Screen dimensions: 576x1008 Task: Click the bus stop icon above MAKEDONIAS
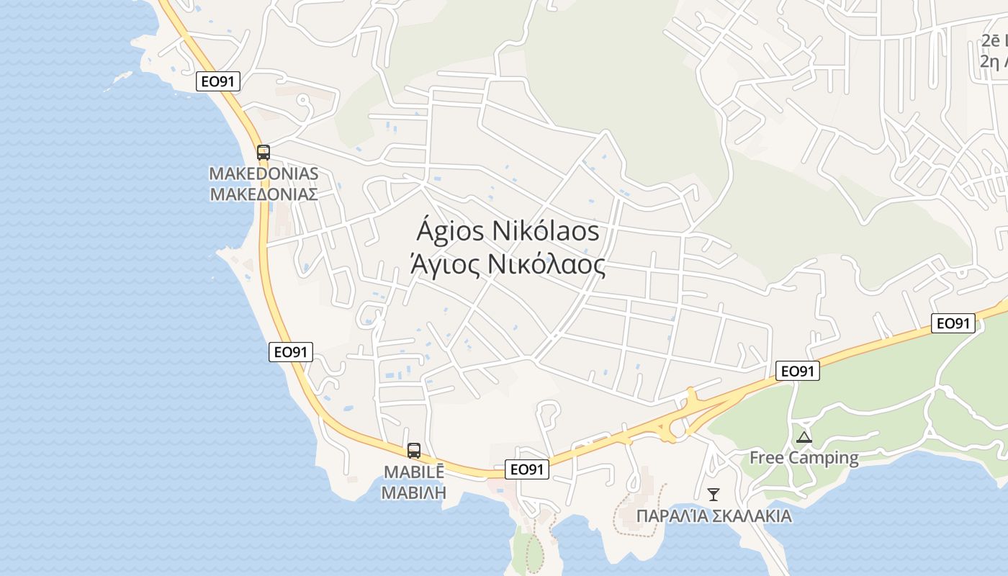pyautogui.click(x=264, y=153)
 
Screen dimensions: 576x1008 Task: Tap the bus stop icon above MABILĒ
pyautogui.click(x=414, y=451)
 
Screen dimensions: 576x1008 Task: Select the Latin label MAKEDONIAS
pyautogui.click(x=264, y=174)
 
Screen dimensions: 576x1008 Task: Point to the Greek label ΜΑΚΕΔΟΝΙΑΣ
pyautogui.click(x=264, y=194)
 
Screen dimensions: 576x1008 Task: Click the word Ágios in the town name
pyautogui.click(x=449, y=232)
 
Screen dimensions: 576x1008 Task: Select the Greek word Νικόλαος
pyautogui.click(x=546, y=265)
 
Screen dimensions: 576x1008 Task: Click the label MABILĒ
pyautogui.click(x=414, y=473)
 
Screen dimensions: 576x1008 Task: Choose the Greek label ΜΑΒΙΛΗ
pyautogui.click(x=414, y=493)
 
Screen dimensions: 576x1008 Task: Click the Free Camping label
pyautogui.click(x=804, y=458)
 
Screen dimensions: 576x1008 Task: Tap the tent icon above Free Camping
pyautogui.click(x=804, y=437)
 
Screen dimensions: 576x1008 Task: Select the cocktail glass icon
pyautogui.click(x=714, y=494)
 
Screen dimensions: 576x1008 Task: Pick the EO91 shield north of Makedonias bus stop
pyautogui.click(x=218, y=81)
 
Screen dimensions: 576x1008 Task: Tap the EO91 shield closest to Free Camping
pyautogui.click(x=798, y=371)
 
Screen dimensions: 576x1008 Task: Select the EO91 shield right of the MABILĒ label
pyautogui.click(x=527, y=469)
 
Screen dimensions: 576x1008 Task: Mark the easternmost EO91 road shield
pyautogui.click(x=953, y=323)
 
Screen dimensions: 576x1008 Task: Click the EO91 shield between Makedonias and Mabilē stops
pyautogui.click(x=291, y=352)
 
